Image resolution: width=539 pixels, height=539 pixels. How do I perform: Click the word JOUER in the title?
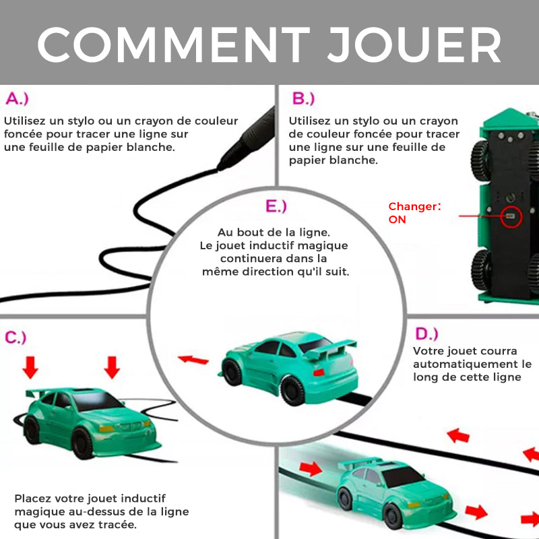coord(414,44)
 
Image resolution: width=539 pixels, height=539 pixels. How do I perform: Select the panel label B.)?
coord(303,98)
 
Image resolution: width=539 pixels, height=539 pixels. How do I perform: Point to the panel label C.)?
coord(15,338)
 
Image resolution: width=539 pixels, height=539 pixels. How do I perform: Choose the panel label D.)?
coord(426,334)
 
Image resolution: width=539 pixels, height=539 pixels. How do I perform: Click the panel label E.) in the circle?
coord(276,206)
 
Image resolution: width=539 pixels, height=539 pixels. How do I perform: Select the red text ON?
coord(397,220)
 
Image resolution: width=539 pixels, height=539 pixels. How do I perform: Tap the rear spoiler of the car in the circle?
coord(329,348)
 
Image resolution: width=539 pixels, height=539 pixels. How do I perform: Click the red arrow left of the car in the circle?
coord(193,360)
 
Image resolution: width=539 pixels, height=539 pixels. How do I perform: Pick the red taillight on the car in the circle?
coord(319,373)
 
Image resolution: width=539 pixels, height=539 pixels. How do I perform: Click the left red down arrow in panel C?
coord(30,367)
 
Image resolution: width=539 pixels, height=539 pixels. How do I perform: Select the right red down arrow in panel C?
coord(112,367)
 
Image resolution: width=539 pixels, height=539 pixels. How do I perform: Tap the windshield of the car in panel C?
coord(98,400)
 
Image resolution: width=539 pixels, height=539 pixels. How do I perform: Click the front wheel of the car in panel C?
coord(82,443)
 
